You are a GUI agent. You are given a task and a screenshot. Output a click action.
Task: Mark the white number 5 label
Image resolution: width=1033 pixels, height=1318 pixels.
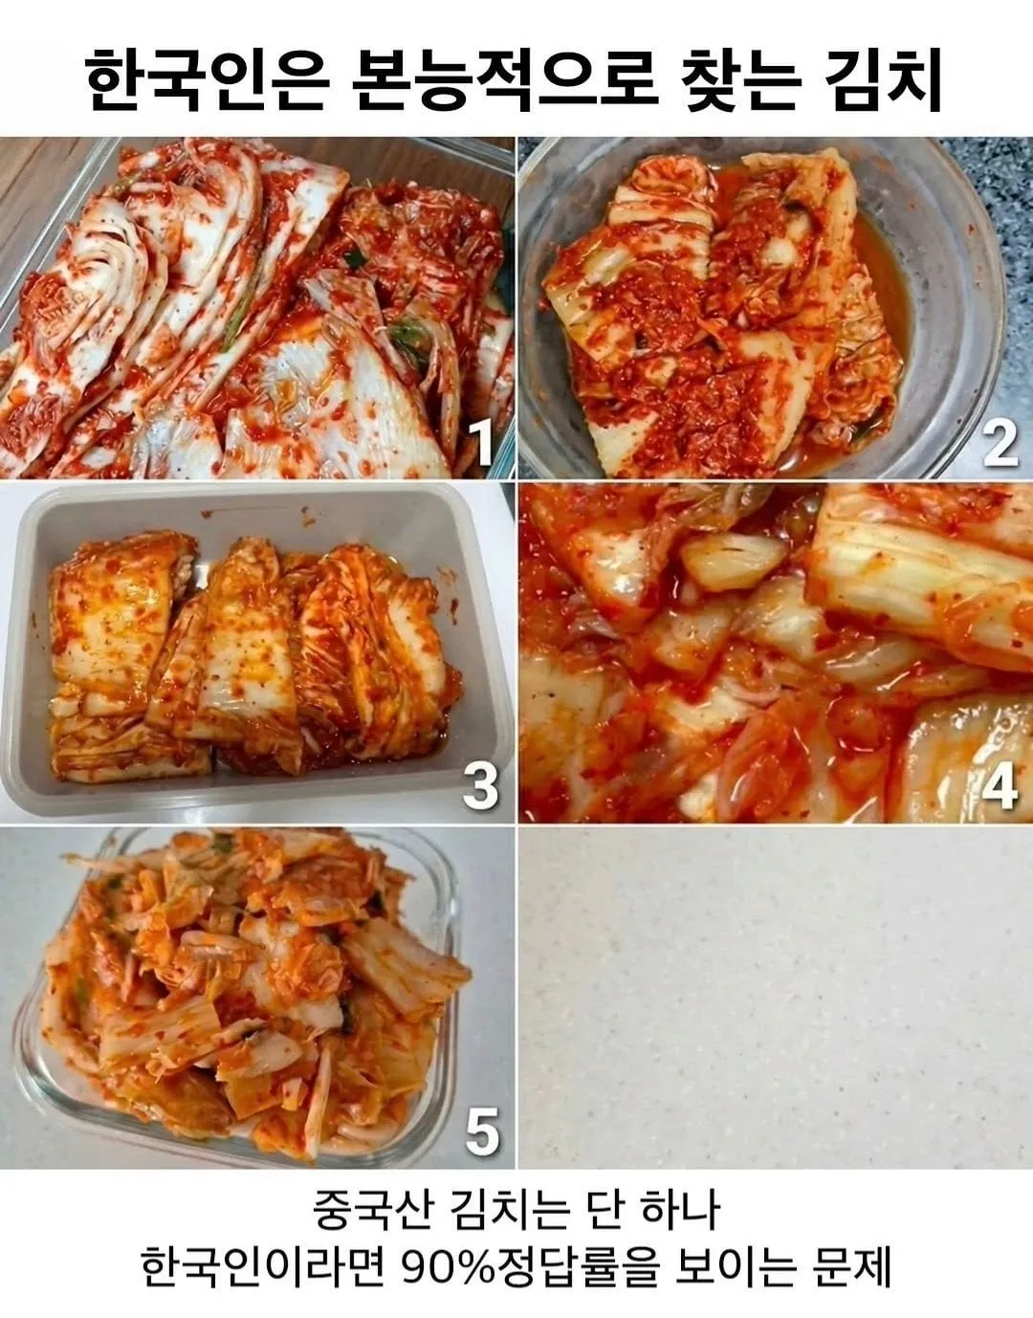482,1133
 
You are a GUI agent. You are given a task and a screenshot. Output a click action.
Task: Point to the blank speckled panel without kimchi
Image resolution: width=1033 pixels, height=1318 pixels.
775,999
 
